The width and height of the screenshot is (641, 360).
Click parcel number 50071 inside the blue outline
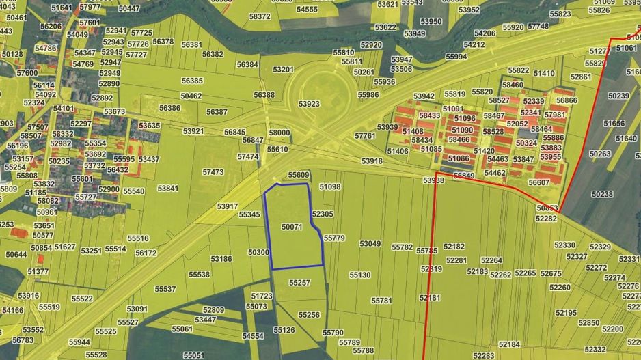click(x=291, y=226)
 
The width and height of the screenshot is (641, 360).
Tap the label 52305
click(x=322, y=214)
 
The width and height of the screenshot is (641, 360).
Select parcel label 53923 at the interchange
click(x=309, y=104)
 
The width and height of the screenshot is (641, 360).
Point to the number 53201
click(x=283, y=70)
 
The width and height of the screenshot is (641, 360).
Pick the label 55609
click(x=299, y=175)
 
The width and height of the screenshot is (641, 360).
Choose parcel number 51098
click(x=329, y=186)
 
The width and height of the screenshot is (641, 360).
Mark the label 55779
click(x=334, y=238)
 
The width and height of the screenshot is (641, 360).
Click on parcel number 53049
click(x=370, y=244)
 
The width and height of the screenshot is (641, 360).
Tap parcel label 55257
click(x=299, y=282)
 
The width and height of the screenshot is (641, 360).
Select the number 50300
click(x=259, y=252)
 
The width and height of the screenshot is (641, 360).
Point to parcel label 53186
click(x=221, y=259)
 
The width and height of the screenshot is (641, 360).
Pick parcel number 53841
click(x=167, y=188)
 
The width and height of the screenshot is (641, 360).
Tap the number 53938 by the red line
click(x=433, y=180)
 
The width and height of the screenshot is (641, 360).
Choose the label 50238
click(x=602, y=194)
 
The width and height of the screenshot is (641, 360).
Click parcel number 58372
click(x=260, y=16)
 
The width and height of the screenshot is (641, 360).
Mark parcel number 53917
click(x=227, y=206)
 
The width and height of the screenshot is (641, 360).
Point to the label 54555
click(x=307, y=10)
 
